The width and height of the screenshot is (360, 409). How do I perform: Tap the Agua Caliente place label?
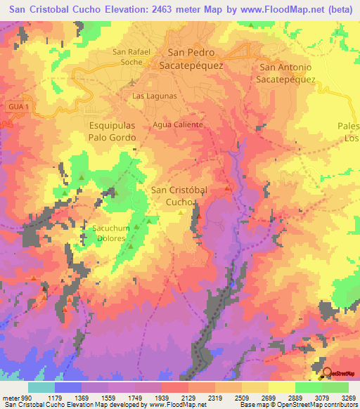(x=178, y=124)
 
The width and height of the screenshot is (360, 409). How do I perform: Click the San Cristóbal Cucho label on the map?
(x=179, y=195)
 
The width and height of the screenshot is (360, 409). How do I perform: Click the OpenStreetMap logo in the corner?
(x=340, y=373)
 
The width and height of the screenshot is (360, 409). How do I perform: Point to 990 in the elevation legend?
(x=22, y=398)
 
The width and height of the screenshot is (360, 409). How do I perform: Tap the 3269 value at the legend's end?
(x=349, y=398)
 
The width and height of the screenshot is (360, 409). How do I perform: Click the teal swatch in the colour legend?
(x=41, y=387)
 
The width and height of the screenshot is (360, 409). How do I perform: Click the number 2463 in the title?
(x=167, y=9)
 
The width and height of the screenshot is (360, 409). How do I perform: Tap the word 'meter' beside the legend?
(x=9, y=398)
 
